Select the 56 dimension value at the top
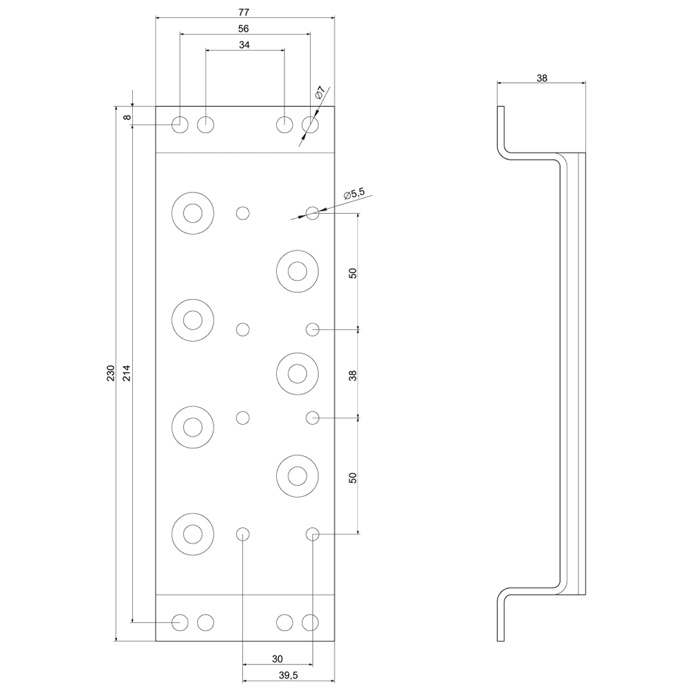point(243,28)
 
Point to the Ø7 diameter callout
point(320,93)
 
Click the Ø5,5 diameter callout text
point(353,194)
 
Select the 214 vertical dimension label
point(127,374)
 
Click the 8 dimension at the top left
point(127,117)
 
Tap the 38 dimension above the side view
point(542,78)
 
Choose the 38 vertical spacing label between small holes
point(353,375)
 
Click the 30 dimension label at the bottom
point(277,659)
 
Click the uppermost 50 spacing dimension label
point(353,272)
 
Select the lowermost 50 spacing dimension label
point(353,477)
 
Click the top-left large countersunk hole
point(192,212)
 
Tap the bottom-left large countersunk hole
point(192,534)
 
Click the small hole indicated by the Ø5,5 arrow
point(313,213)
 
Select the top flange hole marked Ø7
point(310,125)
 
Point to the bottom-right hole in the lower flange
point(310,622)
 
